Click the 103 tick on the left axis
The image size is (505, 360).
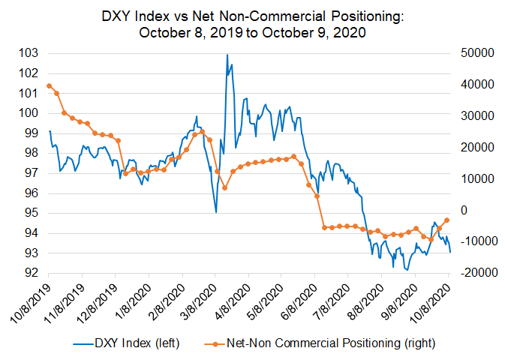tap(28, 53)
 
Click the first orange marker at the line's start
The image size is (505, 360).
tap(49, 85)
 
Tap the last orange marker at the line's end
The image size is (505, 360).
tap(447, 220)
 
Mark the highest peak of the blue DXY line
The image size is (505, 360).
tap(227, 55)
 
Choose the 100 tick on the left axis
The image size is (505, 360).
tap(28, 113)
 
